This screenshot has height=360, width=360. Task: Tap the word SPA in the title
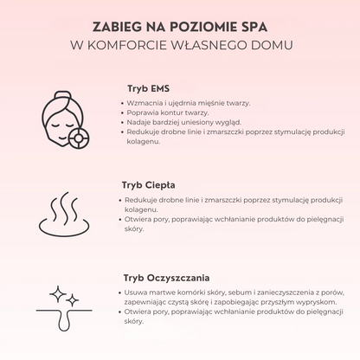(x=254, y=23)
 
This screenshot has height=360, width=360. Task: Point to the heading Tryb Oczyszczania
(x=167, y=278)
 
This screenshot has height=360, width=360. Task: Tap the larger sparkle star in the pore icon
(x=58, y=293)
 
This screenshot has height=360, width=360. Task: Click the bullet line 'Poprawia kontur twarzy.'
(x=167, y=113)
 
